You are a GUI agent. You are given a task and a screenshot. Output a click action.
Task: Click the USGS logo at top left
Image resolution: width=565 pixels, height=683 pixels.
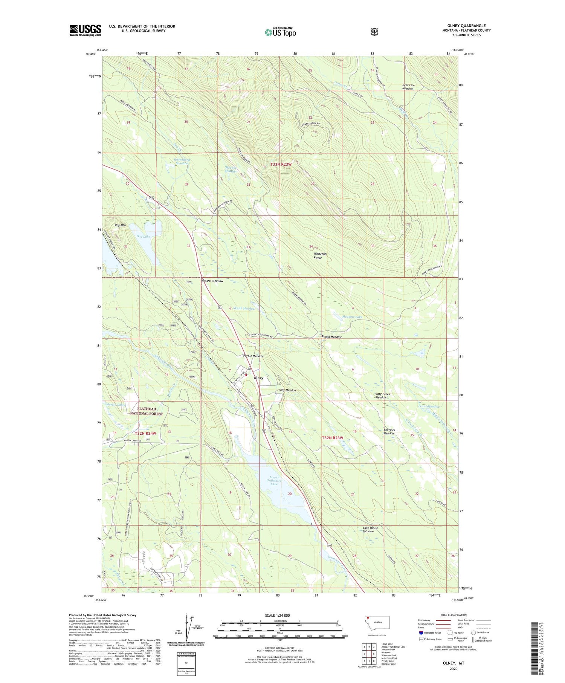click(85, 30)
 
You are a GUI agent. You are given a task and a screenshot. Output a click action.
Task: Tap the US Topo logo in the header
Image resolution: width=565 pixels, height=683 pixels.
click(280, 32)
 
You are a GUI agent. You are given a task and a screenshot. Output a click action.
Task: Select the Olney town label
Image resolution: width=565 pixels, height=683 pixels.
click(258, 378)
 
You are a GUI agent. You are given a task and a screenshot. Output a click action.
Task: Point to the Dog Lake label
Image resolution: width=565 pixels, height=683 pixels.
click(143, 237)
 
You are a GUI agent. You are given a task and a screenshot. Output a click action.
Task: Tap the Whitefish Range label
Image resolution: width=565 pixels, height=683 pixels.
click(320, 255)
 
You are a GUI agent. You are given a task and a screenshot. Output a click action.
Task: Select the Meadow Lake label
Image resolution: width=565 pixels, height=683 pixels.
click(352, 317)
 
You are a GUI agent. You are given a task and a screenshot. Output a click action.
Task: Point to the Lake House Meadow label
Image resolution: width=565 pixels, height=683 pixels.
click(370, 529)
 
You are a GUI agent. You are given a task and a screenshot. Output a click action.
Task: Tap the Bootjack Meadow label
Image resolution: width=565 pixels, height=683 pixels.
click(389, 431)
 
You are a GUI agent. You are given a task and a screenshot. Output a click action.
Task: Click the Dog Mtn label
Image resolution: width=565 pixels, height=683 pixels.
click(121, 225)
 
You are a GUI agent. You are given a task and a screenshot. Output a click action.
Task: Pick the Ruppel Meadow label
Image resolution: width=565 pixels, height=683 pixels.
click(212, 281)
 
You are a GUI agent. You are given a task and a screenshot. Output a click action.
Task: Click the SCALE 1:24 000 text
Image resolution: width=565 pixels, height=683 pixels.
click(277, 616)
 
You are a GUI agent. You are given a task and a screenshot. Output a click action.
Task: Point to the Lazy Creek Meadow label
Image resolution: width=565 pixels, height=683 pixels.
click(383, 396)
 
